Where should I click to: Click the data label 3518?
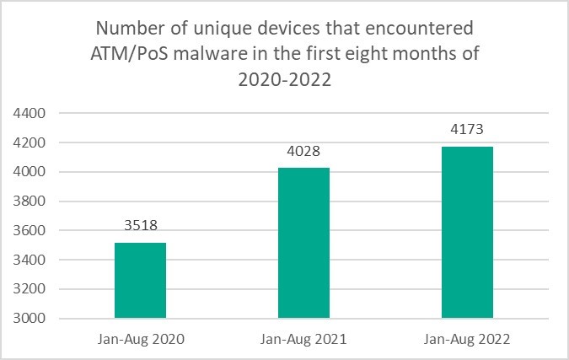140,227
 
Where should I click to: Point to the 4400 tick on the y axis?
31,113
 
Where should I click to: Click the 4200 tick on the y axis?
31,142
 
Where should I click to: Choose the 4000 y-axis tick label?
31,172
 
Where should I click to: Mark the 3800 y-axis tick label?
31,201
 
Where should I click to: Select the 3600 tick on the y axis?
31,230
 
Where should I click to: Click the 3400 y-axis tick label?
31,260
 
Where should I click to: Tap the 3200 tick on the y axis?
31,289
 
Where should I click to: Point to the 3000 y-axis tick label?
31,319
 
